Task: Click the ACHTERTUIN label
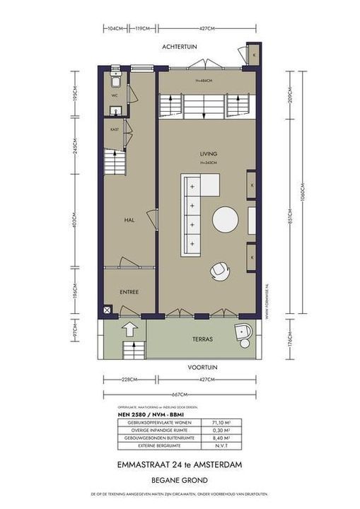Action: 179,46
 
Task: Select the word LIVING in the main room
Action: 208,154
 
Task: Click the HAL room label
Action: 129,220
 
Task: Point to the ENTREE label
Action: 129,291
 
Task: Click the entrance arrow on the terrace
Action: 130,328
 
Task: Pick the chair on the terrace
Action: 243,334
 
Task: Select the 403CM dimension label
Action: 75,220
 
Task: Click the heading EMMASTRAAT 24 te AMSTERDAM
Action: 179,464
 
